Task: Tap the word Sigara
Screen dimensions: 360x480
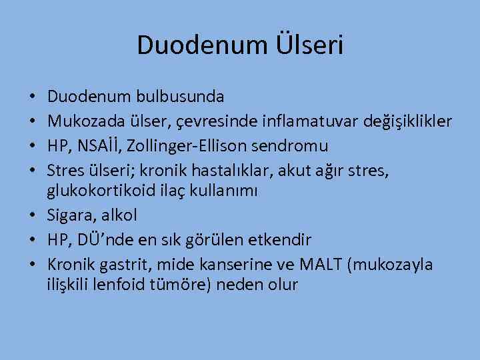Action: coord(70,215)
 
